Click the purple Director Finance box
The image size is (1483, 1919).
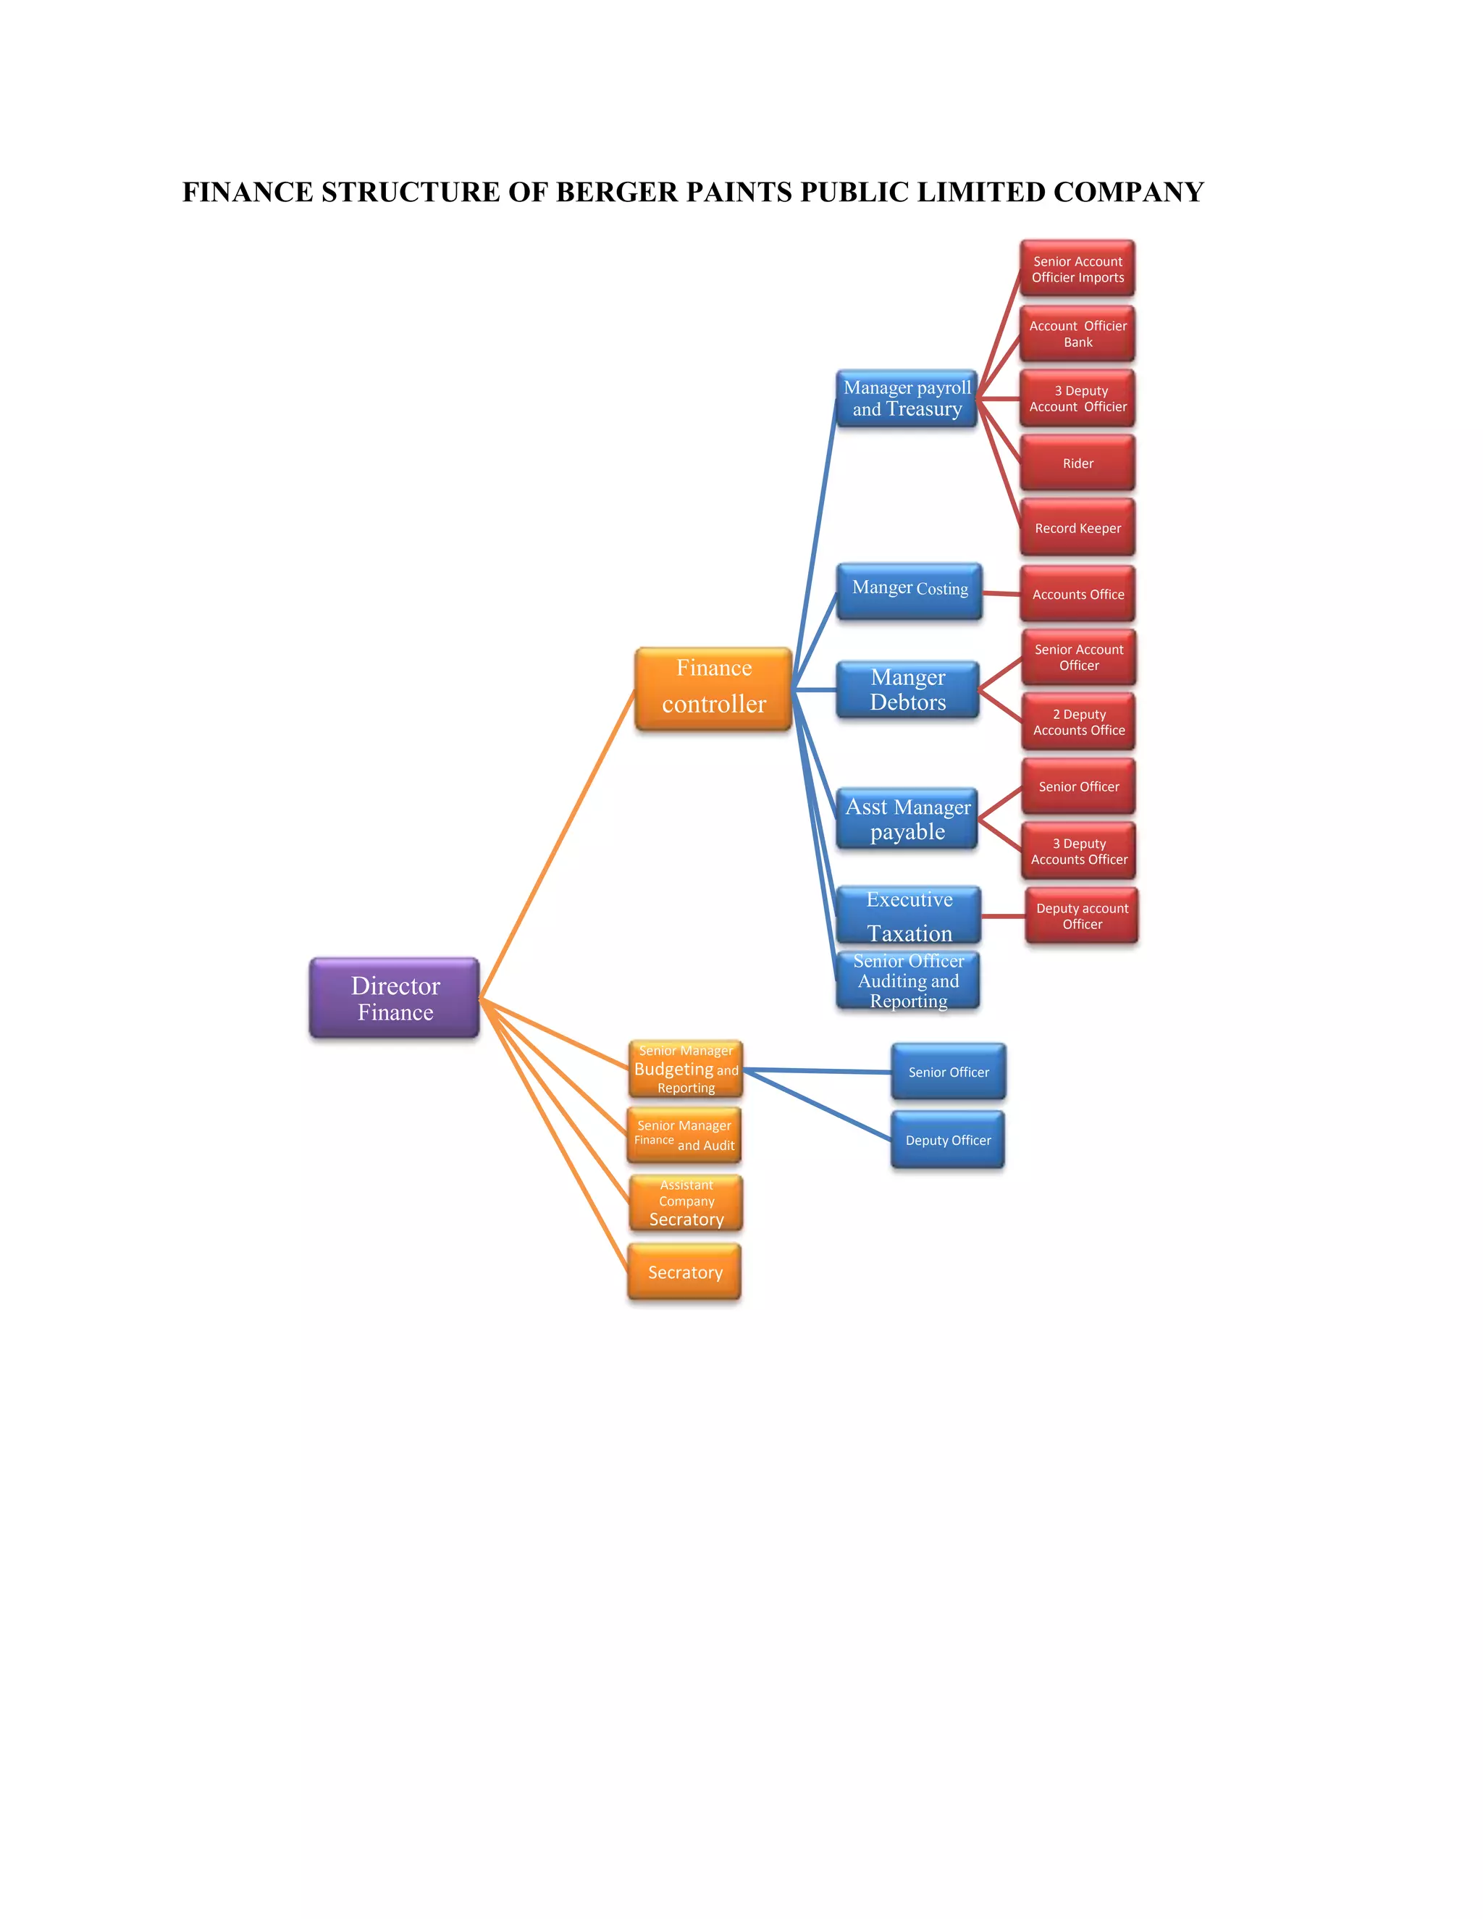pos(395,998)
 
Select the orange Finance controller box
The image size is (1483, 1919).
pos(713,688)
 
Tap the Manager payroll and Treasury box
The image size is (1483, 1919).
pos(907,399)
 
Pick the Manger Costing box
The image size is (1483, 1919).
pos(909,590)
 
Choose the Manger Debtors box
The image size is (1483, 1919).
pos(907,689)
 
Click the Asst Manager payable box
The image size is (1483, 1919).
pos(907,819)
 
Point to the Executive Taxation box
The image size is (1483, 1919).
pos(909,915)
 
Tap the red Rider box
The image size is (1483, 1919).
pos(1077,463)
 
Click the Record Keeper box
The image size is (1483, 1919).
pos(1077,528)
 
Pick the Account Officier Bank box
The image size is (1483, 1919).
pos(1077,334)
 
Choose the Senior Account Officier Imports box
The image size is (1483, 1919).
pos(1077,269)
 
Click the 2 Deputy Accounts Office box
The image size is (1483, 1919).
pos(1078,722)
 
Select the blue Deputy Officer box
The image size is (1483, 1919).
pos(948,1141)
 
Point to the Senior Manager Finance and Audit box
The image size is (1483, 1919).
pos(684,1135)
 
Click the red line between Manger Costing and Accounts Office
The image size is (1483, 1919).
pos(1001,594)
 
